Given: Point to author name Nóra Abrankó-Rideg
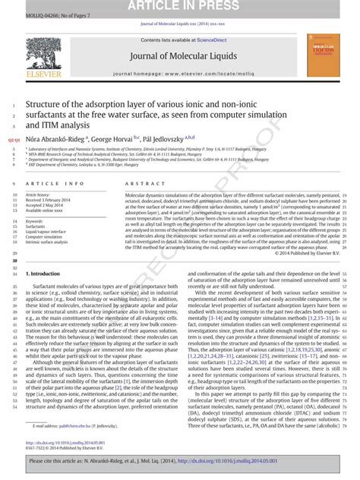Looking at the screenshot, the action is (x=55, y=138).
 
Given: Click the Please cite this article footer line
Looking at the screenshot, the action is (x=180, y=461).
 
